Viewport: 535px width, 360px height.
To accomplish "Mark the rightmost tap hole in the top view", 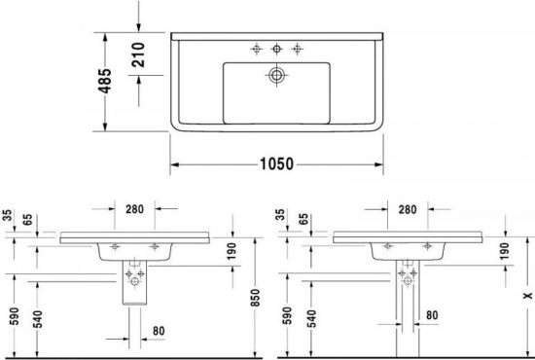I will click(x=298, y=48).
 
